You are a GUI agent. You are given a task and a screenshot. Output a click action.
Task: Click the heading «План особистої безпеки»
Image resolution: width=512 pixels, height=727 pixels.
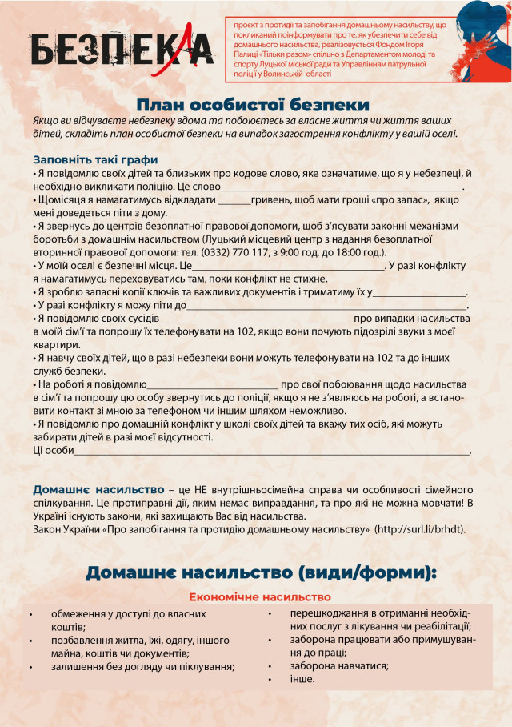tap(252, 105)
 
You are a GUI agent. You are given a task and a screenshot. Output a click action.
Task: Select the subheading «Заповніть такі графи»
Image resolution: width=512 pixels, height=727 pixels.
tap(95, 159)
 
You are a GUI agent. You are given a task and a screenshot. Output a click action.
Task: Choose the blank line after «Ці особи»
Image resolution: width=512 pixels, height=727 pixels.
tap(272, 452)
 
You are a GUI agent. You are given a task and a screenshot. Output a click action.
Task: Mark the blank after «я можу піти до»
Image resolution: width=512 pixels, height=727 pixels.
tap(327, 306)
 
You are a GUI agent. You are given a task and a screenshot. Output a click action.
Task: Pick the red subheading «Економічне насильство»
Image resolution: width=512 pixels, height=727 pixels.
tap(260, 596)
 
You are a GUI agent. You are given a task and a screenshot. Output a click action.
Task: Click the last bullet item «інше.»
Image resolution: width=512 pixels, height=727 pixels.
tap(302, 679)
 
